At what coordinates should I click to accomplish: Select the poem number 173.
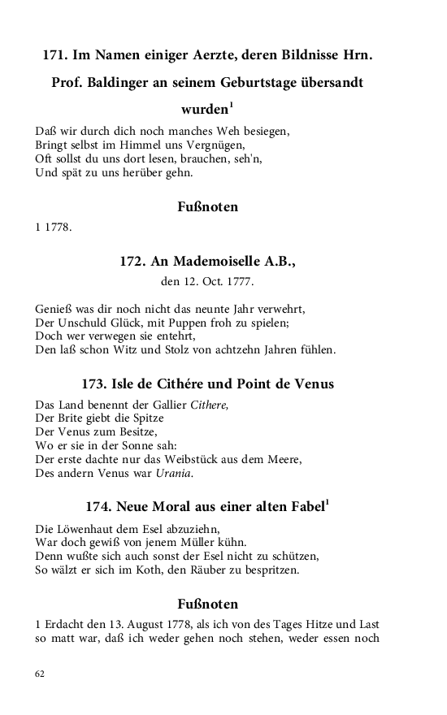tap(96, 384)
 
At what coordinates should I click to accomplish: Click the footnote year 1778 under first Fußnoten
tap(59, 227)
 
